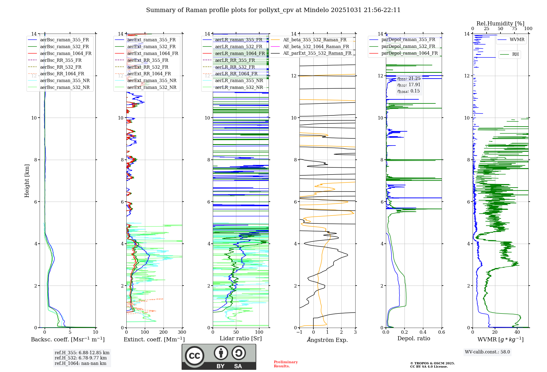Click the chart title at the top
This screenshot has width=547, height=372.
tap(273, 10)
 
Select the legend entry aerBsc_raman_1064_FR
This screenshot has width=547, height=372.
tap(66, 53)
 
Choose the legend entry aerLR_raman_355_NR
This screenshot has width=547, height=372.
tap(239, 80)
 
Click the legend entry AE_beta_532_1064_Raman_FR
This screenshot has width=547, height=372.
tap(316, 47)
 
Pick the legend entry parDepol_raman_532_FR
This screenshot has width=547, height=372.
tap(408, 46)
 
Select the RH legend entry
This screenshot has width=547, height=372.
tap(515, 54)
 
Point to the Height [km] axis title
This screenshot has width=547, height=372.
tap(27, 181)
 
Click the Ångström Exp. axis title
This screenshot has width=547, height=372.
tap(327, 340)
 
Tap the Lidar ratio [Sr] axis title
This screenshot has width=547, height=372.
tap(241, 338)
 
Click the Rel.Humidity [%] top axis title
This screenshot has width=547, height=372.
tap(500, 24)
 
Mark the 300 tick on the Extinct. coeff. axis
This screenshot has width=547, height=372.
tap(182, 332)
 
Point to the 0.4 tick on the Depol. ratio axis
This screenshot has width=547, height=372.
tap(423, 332)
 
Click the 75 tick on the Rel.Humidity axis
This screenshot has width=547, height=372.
tap(514, 29)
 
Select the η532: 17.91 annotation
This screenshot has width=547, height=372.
tap(409, 85)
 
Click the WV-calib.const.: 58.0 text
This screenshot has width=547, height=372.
tap(487, 352)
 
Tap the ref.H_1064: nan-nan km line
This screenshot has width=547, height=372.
tap(80, 363)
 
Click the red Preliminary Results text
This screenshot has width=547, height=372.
tap(286, 364)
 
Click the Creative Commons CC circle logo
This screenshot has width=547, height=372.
tap(194, 356)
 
